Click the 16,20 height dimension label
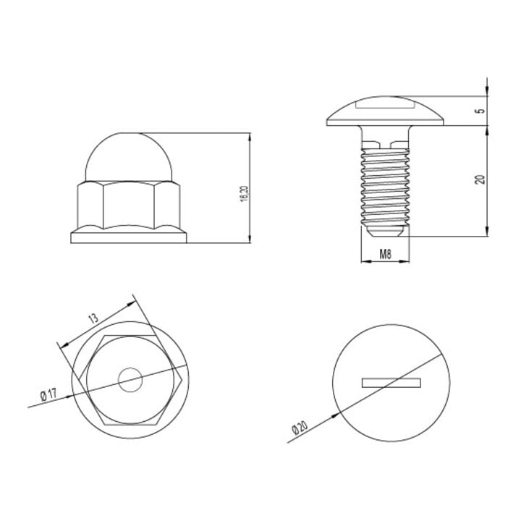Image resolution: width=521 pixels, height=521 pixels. point(245,195)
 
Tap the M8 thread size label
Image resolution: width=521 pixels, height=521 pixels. point(386,255)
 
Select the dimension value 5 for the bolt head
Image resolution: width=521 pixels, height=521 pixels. point(480,111)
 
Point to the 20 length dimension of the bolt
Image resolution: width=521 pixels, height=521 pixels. point(480,179)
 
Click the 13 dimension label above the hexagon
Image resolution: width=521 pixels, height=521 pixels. point(93,318)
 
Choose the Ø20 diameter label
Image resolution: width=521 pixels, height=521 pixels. point(300,428)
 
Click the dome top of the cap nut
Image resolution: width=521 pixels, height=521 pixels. point(129,157)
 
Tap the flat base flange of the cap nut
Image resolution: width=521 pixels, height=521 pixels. point(129,237)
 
